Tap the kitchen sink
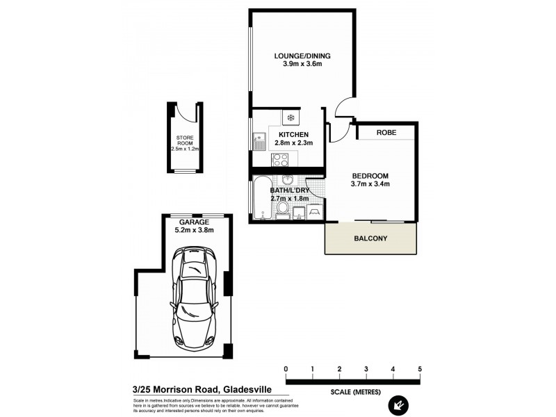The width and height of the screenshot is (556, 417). pyautogui.click(x=259, y=141)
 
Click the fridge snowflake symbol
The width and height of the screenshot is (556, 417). pyautogui.click(x=291, y=117)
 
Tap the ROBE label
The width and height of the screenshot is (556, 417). pyautogui.click(x=386, y=132)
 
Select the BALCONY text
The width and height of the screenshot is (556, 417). pyautogui.click(x=370, y=238)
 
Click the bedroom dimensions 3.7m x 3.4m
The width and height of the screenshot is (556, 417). pyautogui.click(x=370, y=184)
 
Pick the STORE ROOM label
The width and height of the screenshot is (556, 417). pyautogui.click(x=184, y=142)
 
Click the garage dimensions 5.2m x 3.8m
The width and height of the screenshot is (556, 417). pyautogui.click(x=194, y=230)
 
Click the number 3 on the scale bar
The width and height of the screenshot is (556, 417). pyautogui.click(x=366, y=368)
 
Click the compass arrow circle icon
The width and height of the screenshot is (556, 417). pyautogui.click(x=399, y=402)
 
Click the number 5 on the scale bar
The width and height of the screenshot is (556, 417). pyautogui.click(x=420, y=368)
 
